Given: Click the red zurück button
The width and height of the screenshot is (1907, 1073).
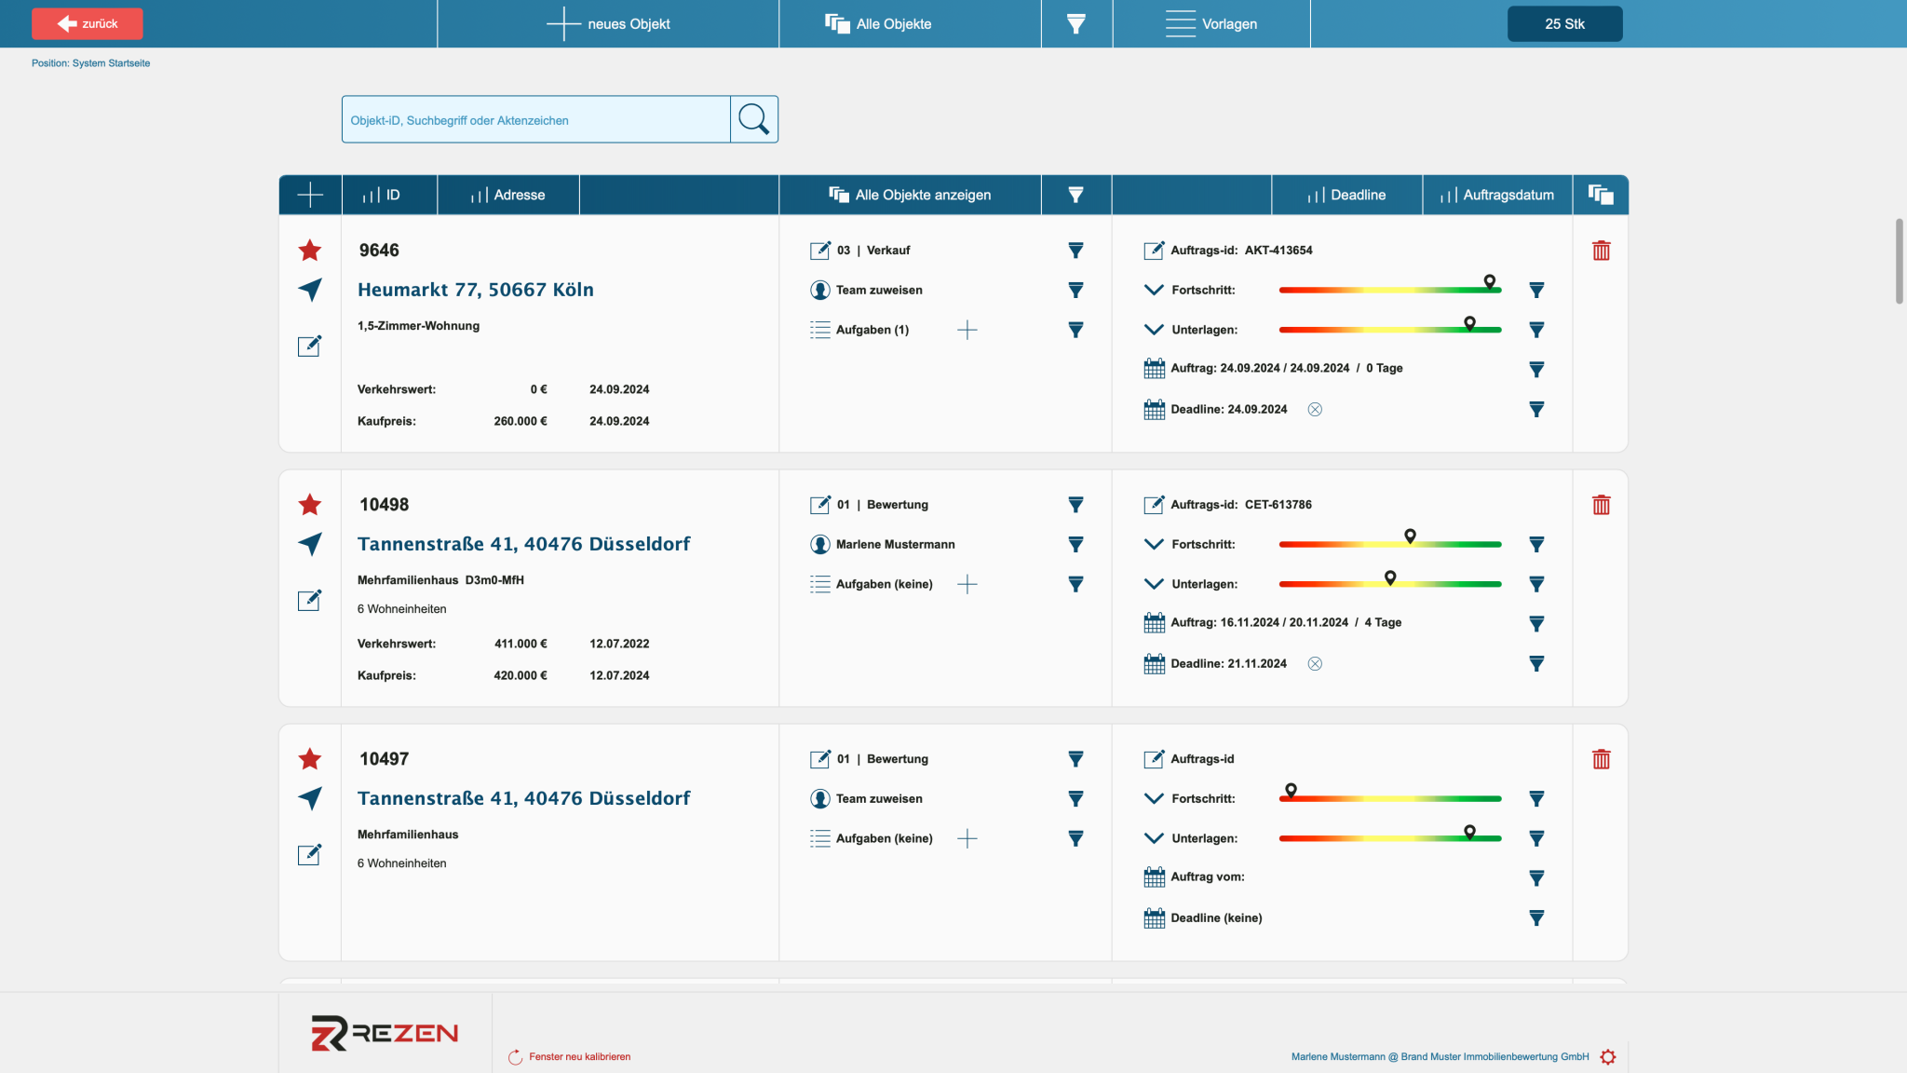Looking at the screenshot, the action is [88, 23].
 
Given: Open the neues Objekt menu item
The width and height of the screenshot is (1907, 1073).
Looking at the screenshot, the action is [608, 23].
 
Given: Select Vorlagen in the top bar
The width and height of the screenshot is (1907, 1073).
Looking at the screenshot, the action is [1211, 23].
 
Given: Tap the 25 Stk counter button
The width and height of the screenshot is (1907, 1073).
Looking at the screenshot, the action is [1564, 23].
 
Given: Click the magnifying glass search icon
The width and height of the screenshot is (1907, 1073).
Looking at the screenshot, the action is [753, 119].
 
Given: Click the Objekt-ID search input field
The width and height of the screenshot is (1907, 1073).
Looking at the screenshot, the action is [536, 119].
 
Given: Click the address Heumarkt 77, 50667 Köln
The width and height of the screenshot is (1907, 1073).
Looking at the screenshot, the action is [476, 290].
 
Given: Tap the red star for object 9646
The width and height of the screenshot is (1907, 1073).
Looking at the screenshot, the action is [310, 250].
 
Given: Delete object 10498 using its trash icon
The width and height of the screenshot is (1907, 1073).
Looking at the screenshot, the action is [1602, 505].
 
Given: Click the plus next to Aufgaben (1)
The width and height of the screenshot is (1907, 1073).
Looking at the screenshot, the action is [967, 330].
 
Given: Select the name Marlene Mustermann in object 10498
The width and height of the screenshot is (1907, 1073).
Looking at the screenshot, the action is [896, 545].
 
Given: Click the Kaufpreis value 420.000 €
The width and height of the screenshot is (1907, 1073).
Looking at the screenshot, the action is [521, 675].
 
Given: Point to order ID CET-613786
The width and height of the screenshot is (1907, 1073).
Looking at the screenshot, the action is [1278, 505].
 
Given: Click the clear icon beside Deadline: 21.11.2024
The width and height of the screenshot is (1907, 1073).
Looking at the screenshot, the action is [1315, 664].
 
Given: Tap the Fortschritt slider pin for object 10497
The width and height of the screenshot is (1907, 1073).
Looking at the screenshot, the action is [1291, 791].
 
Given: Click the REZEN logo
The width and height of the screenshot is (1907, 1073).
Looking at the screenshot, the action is [385, 1033].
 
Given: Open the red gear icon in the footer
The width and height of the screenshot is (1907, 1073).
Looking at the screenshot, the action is [1608, 1057].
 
